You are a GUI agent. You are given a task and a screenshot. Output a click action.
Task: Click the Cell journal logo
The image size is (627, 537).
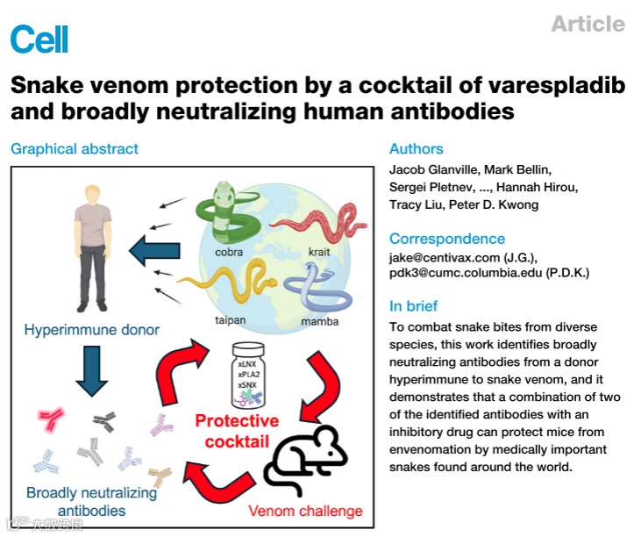tap(39, 38)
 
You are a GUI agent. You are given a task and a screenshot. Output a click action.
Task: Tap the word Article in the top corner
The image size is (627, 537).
tap(588, 25)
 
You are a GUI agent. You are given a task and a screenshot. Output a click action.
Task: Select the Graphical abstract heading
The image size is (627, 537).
tap(75, 149)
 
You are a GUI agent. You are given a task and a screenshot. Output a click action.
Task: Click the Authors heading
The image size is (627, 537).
tap(416, 149)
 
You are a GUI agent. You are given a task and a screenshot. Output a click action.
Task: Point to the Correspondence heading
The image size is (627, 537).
tap(447, 239)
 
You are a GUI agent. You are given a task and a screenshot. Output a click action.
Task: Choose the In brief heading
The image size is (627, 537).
tap(414, 306)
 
